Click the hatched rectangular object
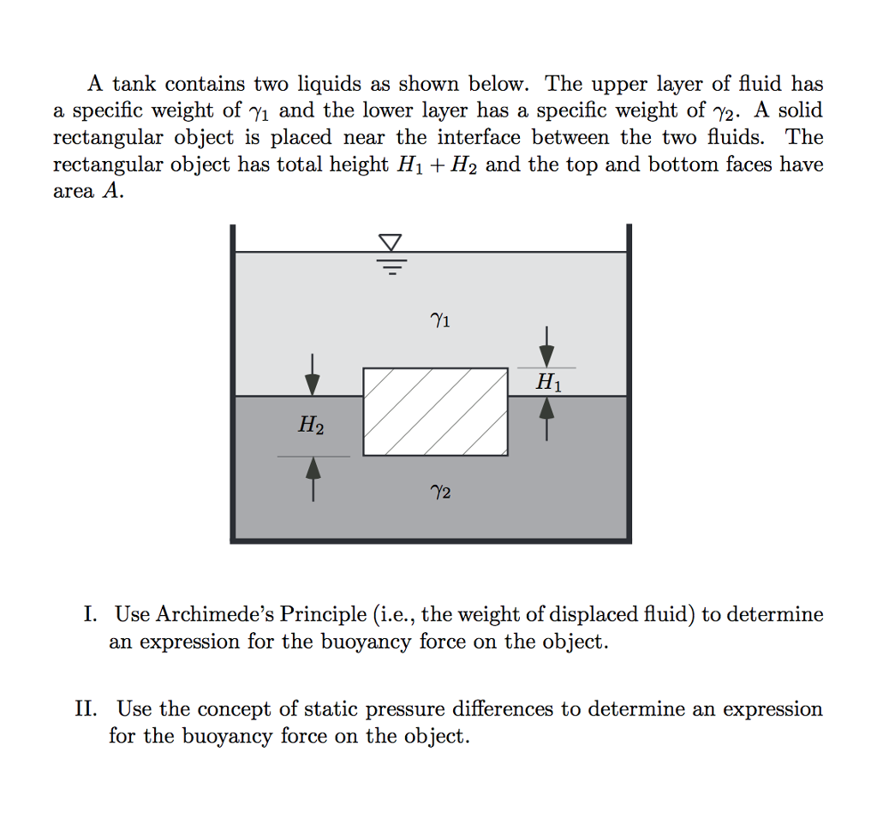click(x=435, y=412)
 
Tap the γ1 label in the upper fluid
click(x=439, y=321)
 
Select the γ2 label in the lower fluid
click(x=439, y=493)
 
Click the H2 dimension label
click(x=311, y=424)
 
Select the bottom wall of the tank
click(x=431, y=540)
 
